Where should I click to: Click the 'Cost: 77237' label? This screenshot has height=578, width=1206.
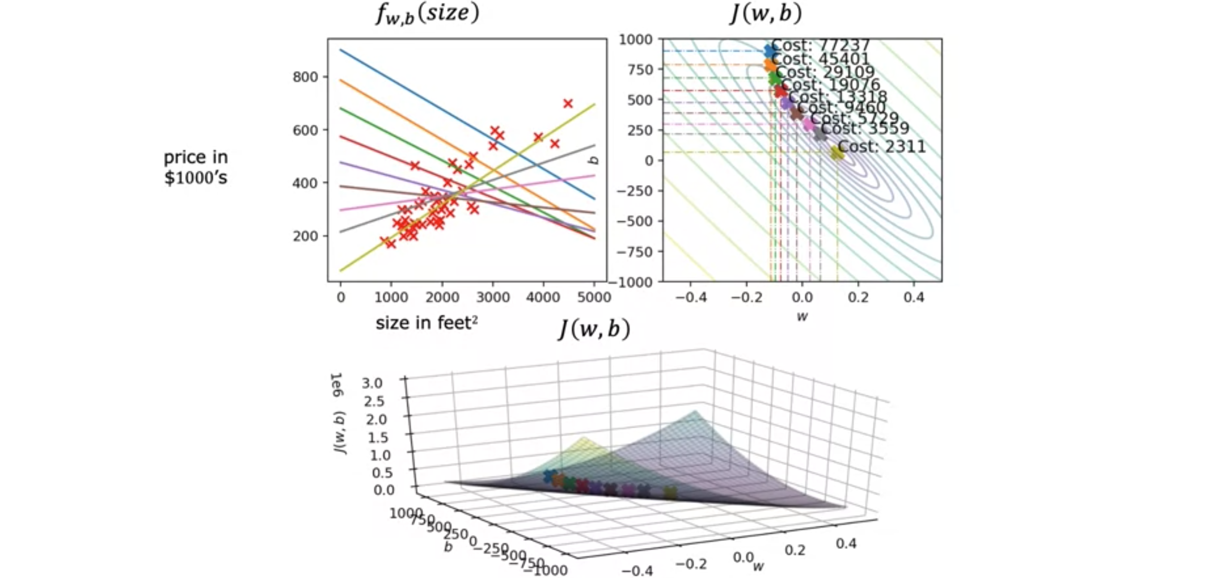[x=820, y=45]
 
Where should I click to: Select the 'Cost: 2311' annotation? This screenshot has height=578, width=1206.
[x=881, y=147]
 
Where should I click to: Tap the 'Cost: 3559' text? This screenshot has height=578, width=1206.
[x=864, y=128]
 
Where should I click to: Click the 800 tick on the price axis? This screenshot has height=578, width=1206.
[x=305, y=77]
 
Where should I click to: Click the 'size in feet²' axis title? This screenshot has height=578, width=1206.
[x=426, y=323]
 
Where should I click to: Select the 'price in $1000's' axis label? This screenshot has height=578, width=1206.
[x=196, y=167]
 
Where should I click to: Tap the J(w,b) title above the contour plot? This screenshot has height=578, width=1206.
[x=766, y=13]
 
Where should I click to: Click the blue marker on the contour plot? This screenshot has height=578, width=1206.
[x=769, y=50]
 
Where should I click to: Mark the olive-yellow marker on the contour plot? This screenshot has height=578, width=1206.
[x=837, y=152]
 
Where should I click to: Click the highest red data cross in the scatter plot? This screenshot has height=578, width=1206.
[x=568, y=104]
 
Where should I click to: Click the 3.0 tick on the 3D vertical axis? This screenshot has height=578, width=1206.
[x=372, y=383]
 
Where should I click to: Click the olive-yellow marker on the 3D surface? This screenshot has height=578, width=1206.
[x=670, y=492]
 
